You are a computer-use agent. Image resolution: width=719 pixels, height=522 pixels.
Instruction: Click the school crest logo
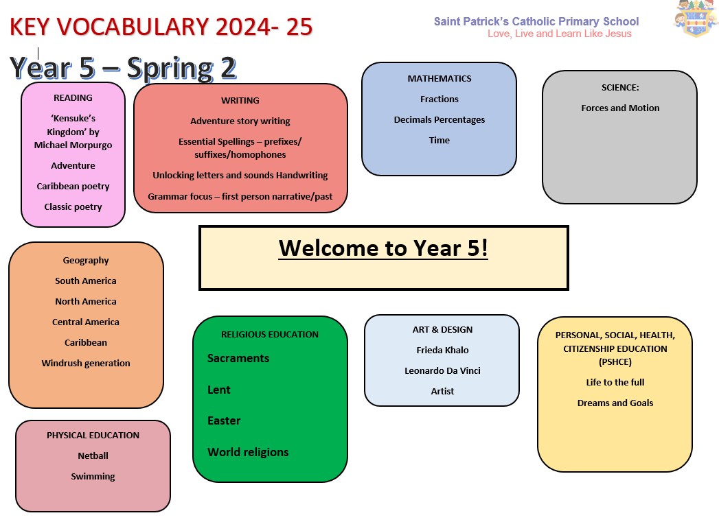pyautogui.click(x=696, y=19)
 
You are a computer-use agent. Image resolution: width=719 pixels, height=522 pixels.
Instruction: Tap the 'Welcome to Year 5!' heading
pyautogui.click(x=383, y=248)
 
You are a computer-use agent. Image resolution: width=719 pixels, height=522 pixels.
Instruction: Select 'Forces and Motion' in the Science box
pyautogui.click(x=620, y=108)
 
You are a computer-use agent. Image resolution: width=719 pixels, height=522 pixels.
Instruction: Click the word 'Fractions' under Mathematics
pyautogui.click(x=440, y=99)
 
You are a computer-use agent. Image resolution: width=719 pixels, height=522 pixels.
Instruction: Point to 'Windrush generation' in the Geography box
pyautogui.click(x=86, y=363)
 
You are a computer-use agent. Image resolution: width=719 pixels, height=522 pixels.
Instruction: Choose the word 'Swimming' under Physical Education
pyautogui.click(x=93, y=477)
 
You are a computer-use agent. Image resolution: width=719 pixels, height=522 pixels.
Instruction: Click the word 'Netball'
pyautogui.click(x=93, y=455)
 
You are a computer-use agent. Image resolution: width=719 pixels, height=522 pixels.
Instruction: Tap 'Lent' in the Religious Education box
pyautogui.click(x=219, y=390)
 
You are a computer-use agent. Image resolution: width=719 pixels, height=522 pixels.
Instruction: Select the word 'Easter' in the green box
pyautogui.click(x=224, y=420)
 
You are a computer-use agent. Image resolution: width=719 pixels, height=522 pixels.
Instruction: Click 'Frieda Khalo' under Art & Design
pyautogui.click(x=442, y=351)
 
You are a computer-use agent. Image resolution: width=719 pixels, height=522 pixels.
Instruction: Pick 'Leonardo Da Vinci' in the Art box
pyautogui.click(x=442, y=371)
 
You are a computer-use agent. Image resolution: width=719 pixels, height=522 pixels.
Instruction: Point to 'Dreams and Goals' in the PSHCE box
pyautogui.click(x=615, y=403)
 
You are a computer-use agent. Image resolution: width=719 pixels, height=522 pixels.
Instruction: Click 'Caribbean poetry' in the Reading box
pyautogui.click(x=73, y=187)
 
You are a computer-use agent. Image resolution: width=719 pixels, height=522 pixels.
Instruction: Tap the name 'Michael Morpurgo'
pyautogui.click(x=73, y=145)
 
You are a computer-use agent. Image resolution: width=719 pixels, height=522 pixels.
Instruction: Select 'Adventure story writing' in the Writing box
pyautogui.click(x=240, y=121)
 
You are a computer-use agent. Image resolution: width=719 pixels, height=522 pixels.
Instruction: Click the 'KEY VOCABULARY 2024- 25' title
pyautogui.click(x=161, y=27)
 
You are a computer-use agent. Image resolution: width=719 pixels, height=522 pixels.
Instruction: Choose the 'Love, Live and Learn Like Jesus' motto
pyautogui.click(x=560, y=34)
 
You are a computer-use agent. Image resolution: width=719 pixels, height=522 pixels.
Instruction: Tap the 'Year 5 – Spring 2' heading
pyautogui.click(x=123, y=68)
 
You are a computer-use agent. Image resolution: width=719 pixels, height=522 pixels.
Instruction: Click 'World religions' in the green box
pyautogui.click(x=248, y=453)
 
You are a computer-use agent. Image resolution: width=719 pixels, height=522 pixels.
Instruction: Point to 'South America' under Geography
pyautogui.click(x=86, y=281)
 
